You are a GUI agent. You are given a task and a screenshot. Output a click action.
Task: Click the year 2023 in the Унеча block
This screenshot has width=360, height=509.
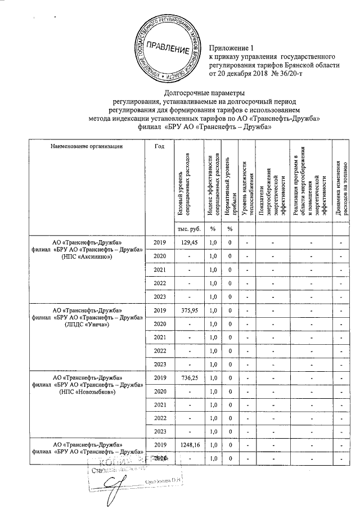point(160,364)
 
